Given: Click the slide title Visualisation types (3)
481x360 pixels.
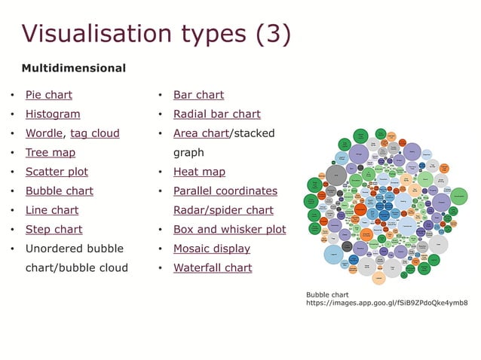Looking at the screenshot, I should tap(156, 34).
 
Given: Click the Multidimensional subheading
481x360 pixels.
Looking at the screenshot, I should tap(74, 69).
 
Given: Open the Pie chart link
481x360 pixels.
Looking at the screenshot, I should tap(49, 95).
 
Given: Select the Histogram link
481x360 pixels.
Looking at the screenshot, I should tap(53, 114).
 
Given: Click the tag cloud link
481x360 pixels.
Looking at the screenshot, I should tap(95, 133).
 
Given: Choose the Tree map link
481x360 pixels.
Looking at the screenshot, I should tap(51, 153).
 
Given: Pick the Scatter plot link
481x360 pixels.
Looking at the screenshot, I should tap(57, 172).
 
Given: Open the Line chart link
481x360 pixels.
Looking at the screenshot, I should tap(52, 210).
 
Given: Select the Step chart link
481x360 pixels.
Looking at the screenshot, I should tap(54, 229).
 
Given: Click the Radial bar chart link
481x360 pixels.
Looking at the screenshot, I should tap(217, 114).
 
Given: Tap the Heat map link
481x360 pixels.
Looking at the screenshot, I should tap(199, 172).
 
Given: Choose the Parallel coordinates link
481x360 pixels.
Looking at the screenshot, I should tap(225, 191).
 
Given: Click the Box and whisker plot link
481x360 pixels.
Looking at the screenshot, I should tap(230, 229).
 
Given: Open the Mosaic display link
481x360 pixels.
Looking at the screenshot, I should tap(212, 249).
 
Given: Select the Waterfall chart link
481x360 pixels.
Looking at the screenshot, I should tap(213, 267).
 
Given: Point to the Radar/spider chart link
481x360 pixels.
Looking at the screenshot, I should tap(223, 210).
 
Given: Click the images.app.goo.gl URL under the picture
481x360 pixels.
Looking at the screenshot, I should tap(386, 303).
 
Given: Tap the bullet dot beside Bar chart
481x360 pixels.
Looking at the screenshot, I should tap(161, 96).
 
